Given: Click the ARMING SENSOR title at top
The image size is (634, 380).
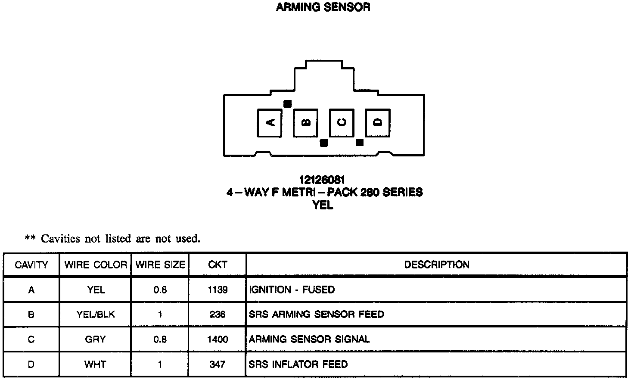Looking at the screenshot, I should coord(323,7).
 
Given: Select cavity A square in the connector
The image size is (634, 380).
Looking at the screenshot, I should coord(269,123).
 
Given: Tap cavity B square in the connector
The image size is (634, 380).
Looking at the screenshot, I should coord(305,123).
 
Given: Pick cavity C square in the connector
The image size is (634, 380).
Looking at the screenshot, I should coord(342,123).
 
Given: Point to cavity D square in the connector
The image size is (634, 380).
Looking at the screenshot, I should coord(378,123).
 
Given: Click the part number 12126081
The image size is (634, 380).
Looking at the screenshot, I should coord(322,180).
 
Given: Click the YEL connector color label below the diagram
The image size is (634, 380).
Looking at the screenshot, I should coord(323,206).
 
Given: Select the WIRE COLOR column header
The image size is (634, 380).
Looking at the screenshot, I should coord(96,265).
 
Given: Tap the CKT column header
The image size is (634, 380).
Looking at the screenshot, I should coord(218,265).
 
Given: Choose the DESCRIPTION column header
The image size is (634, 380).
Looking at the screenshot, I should coord(436,265).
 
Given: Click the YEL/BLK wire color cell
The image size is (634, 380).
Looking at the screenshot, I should coord(96,315).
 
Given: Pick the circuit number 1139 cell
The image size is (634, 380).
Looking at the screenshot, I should coord(218,290).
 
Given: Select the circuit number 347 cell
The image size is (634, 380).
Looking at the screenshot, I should coord(218,364).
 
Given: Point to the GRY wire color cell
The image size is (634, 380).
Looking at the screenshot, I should coord(96,340).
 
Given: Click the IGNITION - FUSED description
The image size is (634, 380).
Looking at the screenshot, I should coord(292,290).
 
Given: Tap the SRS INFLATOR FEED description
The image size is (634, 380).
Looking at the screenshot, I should coord(298,364).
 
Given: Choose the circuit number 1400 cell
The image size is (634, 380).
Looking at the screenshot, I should coord(218,340).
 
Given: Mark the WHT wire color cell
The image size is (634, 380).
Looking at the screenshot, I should coord(96,364).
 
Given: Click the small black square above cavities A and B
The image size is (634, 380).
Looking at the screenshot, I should coord(288,103).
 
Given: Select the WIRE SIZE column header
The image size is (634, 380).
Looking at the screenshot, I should coord(160,265).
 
